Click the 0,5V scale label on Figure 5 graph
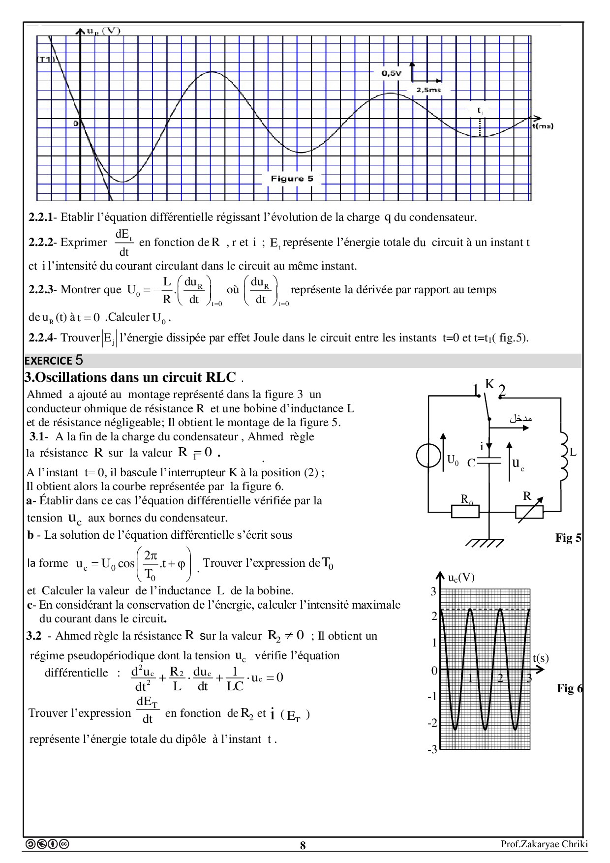click(392, 73)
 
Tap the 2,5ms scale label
click(428, 90)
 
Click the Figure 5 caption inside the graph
click(292, 179)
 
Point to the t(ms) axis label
click(542, 126)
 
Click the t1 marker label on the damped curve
click(481, 111)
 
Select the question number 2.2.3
click(40, 290)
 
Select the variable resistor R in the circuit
click(529, 512)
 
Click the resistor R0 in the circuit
click(465, 511)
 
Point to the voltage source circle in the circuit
click(428, 456)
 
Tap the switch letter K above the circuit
click(489, 384)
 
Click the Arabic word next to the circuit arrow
click(520, 419)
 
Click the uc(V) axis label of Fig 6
click(461, 578)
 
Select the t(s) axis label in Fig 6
click(540, 658)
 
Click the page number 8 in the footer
click(303, 845)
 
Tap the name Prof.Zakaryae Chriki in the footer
click(544, 844)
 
